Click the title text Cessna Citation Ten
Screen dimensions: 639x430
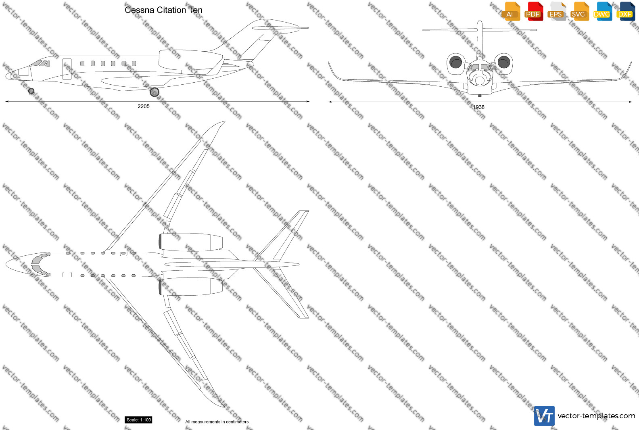pyautogui.click(x=163, y=10)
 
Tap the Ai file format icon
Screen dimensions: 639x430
pyautogui.click(x=512, y=11)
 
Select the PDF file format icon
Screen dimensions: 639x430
pyautogui.click(x=534, y=11)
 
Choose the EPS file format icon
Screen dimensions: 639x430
pyautogui.click(x=557, y=11)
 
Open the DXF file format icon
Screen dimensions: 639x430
pyautogui.click(x=626, y=11)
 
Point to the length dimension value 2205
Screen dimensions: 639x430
pyautogui.click(x=144, y=106)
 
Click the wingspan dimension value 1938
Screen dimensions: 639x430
pyautogui.click(x=479, y=107)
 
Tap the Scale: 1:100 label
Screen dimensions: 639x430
pyautogui.click(x=138, y=420)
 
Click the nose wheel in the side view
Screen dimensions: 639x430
pyautogui.click(x=31, y=91)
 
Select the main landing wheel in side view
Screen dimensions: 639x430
pyautogui.click(x=155, y=92)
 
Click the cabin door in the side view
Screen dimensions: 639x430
pyautogui.click(x=67, y=69)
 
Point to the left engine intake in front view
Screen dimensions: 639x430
pyautogui.click(x=455, y=62)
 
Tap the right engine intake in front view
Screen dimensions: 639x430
pyautogui.click(x=504, y=62)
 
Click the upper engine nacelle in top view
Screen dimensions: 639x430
pyautogui.click(x=190, y=242)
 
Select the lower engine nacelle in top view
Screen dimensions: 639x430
pyautogui.click(x=190, y=286)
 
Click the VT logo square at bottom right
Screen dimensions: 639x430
pyautogui.click(x=544, y=416)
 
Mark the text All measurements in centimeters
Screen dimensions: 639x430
pyautogui.click(x=217, y=422)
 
